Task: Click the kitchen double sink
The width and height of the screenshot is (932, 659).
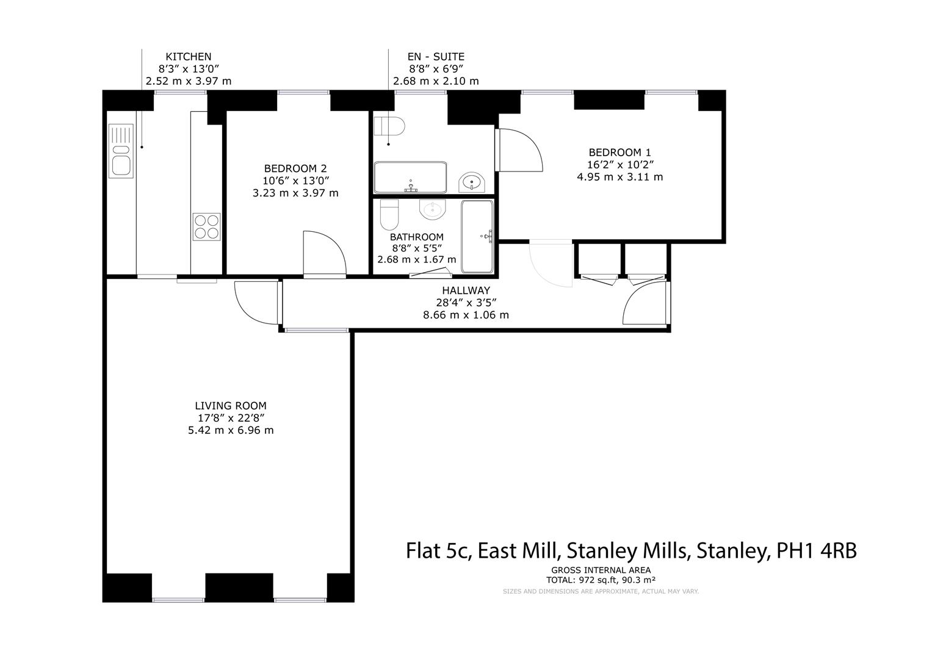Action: coord(120,151)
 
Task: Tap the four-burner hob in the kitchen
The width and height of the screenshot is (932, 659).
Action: coord(207,226)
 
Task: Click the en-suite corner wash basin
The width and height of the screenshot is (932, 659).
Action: coord(471,182)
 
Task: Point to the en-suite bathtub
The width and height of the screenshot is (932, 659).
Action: coord(410,177)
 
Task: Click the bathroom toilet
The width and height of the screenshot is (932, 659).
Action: coord(389,214)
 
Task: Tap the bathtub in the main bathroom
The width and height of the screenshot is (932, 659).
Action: coord(477,236)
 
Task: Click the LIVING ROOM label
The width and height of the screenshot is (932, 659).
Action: coord(231,405)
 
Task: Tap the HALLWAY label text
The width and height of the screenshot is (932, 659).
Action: coord(466,291)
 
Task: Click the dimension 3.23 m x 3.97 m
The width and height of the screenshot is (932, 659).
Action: coord(295,193)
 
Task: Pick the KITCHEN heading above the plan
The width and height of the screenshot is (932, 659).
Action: coord(189,57)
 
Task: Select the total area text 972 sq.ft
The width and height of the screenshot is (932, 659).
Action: coord(585,580)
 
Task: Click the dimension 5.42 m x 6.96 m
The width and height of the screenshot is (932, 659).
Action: coord(231,430)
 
